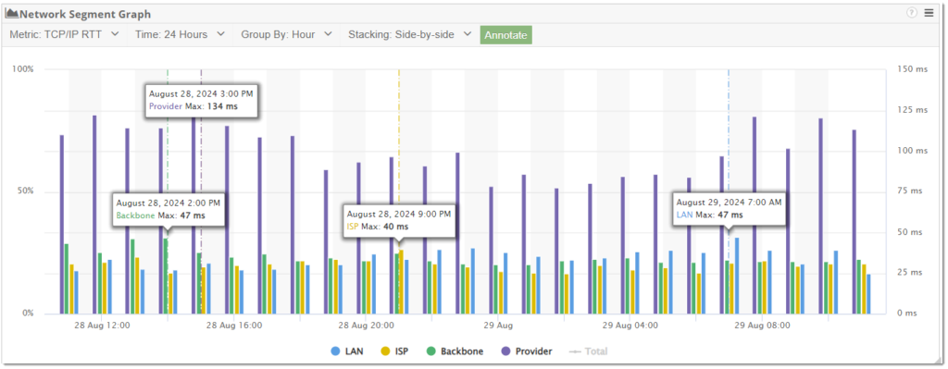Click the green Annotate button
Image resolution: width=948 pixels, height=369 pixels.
505,34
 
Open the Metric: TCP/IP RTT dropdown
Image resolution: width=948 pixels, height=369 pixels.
64,34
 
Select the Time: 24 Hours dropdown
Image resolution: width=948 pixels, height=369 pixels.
180,34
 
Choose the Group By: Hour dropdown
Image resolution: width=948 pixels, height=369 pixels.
286,34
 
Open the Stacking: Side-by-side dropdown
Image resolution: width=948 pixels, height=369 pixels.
410,34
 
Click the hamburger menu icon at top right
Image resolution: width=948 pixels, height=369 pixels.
929,13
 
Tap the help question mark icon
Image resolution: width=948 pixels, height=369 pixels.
912,13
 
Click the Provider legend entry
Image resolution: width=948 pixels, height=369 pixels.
527,351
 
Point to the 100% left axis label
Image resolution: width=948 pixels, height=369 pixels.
22,69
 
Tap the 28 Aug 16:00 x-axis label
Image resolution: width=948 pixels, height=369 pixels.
234,326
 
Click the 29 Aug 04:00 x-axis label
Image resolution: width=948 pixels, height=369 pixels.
630,326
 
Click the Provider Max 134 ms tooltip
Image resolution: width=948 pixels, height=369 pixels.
200,100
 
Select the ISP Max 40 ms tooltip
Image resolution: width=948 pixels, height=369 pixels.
399,219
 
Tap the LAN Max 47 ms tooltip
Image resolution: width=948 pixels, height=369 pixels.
729,208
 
